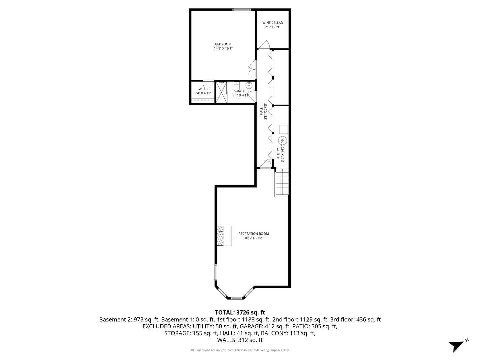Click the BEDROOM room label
pos(223,46)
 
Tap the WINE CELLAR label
pos(272,25)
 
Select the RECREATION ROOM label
pos(253,236)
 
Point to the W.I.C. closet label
pos(203,91)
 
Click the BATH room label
pos(241,93)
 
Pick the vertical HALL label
pos(263,111)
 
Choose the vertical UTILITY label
pos(280,153)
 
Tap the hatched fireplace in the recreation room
pos(224,236)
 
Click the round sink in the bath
pos(249,86)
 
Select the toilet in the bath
pos(236,86)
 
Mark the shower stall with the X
pos(221,92)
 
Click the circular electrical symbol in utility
pos(283,140)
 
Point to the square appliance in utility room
pos(283,129)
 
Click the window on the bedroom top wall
pos(241,10)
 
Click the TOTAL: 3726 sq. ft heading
pos(240,312)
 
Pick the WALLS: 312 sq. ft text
pos(240,340)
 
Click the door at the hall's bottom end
pos(265,164)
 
